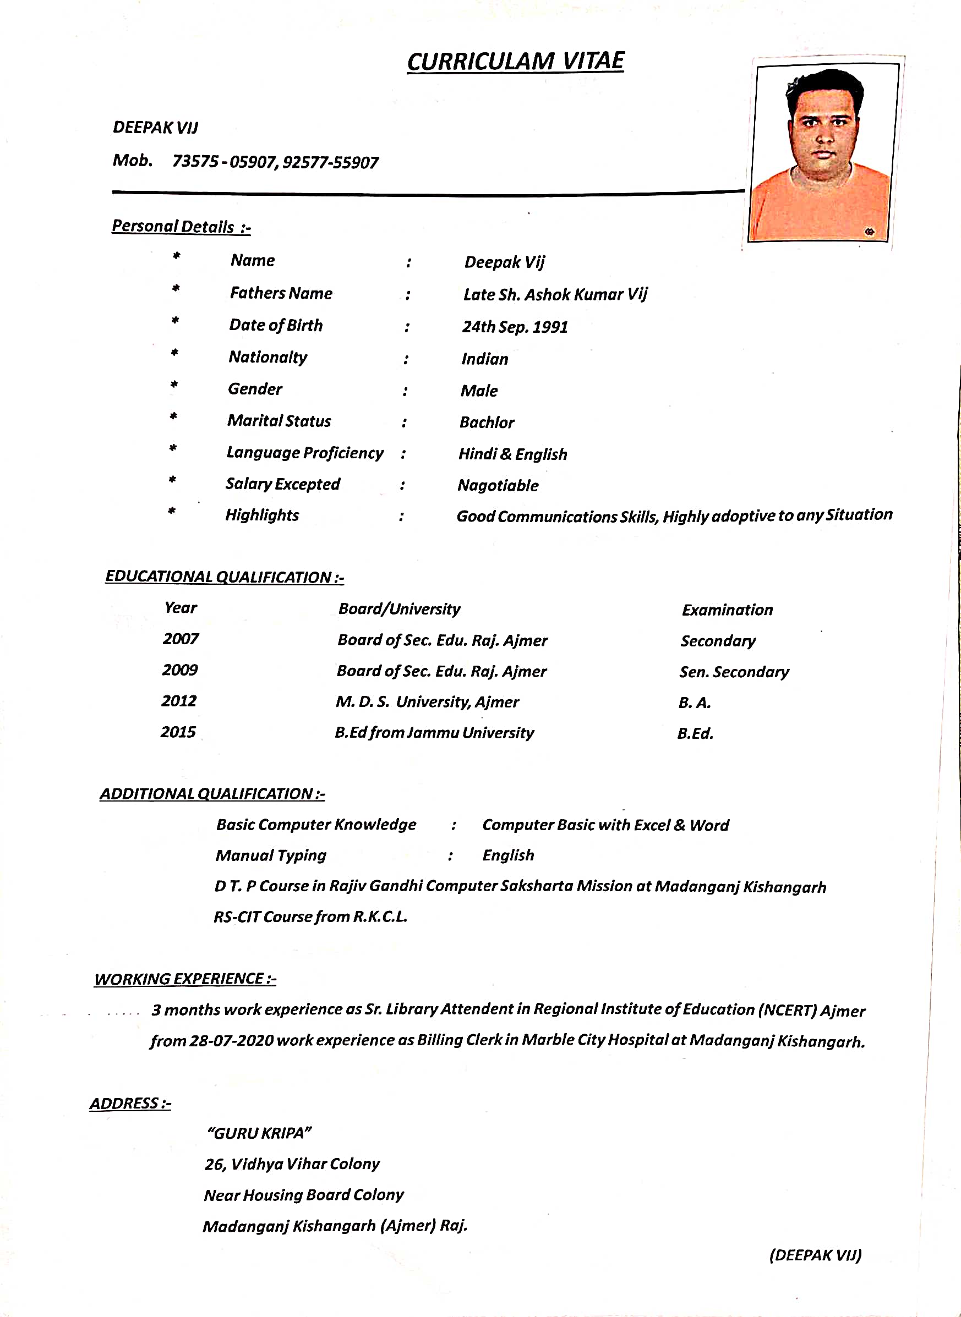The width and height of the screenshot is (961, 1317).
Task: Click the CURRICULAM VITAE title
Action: [x=515, y=62]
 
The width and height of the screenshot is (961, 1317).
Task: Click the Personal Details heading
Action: [x=181, y=226]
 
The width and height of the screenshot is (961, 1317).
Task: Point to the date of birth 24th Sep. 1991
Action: [x=515, y=327]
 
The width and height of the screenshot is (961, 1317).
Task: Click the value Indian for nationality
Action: [x=484, y=359]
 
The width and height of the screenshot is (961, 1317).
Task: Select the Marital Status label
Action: [x=279, y=421]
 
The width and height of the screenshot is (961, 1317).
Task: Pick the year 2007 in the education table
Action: [x=181, y=639]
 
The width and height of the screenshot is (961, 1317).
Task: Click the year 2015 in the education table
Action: [x=178, y=732]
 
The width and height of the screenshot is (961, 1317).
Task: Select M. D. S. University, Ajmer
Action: [x=427, y=703]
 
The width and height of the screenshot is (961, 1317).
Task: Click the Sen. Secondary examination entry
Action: [x=734, y=672]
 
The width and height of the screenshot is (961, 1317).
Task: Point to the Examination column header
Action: [x=727, y=610]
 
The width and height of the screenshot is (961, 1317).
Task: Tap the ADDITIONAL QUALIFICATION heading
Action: [x=212, y=794]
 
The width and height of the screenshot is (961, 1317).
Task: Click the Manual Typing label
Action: [x=271, y=855]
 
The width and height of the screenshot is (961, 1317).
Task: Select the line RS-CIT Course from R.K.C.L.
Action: [x=310, y=917]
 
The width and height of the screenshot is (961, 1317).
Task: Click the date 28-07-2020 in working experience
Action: [x=232, y=1040]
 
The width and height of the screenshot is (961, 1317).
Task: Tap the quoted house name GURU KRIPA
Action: [x=259, y=1133]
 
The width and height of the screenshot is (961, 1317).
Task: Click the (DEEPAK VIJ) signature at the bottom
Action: [x=815, y=1255]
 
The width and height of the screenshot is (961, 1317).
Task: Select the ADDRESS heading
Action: [x=130, y=1103]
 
